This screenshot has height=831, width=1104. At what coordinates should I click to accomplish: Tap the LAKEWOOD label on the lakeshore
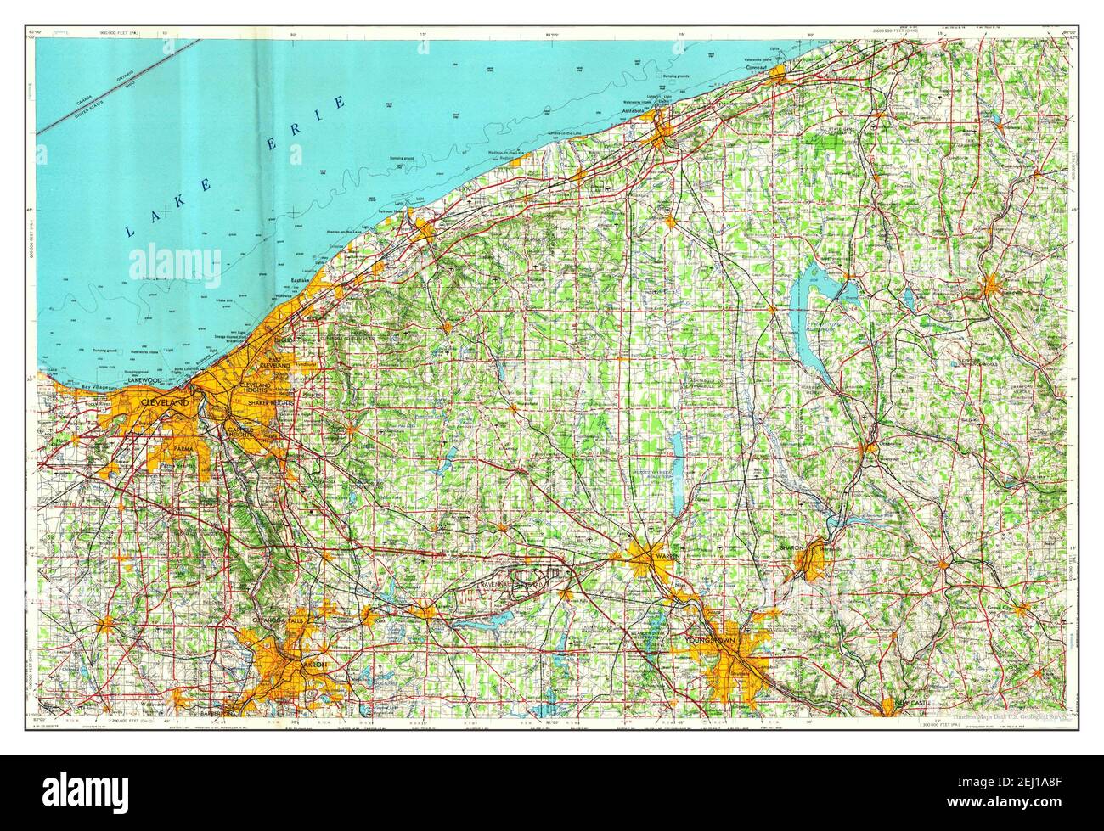click(145, 381)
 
